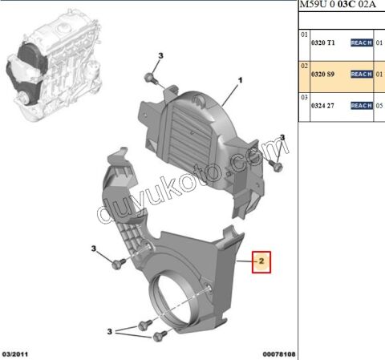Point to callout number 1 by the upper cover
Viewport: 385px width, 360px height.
tap(239, 81)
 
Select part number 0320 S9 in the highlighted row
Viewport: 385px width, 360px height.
tap(326, 74)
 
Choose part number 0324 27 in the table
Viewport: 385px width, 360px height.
tap(326, 105)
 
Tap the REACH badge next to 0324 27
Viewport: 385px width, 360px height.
tap(362, 105)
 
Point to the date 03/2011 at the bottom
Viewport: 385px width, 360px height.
tap(17, 353)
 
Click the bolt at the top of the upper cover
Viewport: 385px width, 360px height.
tap(151, 78)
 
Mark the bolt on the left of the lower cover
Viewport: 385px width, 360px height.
tap(121, 263)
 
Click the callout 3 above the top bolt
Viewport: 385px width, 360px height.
tap(160, 54)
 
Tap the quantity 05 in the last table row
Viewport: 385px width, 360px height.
tap(380, 105)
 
